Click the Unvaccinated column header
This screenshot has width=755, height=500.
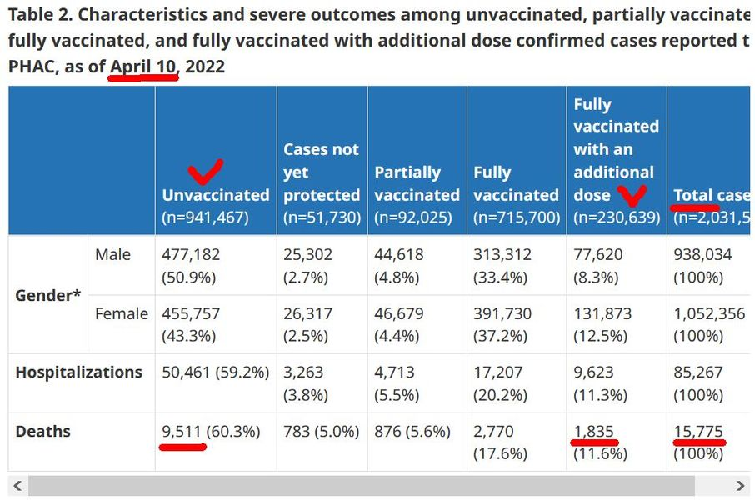(x=216, y=195)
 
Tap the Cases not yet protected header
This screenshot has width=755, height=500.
(x=322, y=172)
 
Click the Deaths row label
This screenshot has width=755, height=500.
(x=42, y=432)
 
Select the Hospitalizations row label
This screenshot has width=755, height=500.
(x=78, y=372)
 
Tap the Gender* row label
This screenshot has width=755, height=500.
(x=47, y=295)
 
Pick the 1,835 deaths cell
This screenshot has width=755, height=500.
(x=593, y=432)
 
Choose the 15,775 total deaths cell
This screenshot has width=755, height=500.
(x=698, y=432)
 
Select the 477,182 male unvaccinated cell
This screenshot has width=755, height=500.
(x=191, y=254)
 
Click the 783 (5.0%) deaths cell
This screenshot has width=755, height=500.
(x=322, y=432)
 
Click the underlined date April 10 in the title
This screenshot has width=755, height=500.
(x=143, y=66)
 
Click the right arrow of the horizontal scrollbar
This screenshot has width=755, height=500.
(x=741, y=486)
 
